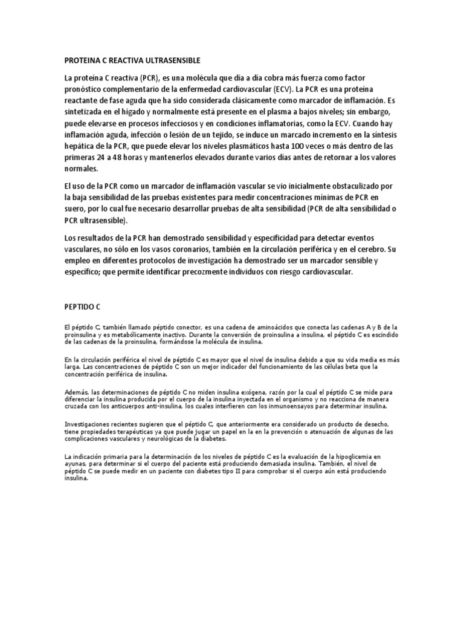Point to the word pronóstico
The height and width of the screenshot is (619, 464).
[86, 91]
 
